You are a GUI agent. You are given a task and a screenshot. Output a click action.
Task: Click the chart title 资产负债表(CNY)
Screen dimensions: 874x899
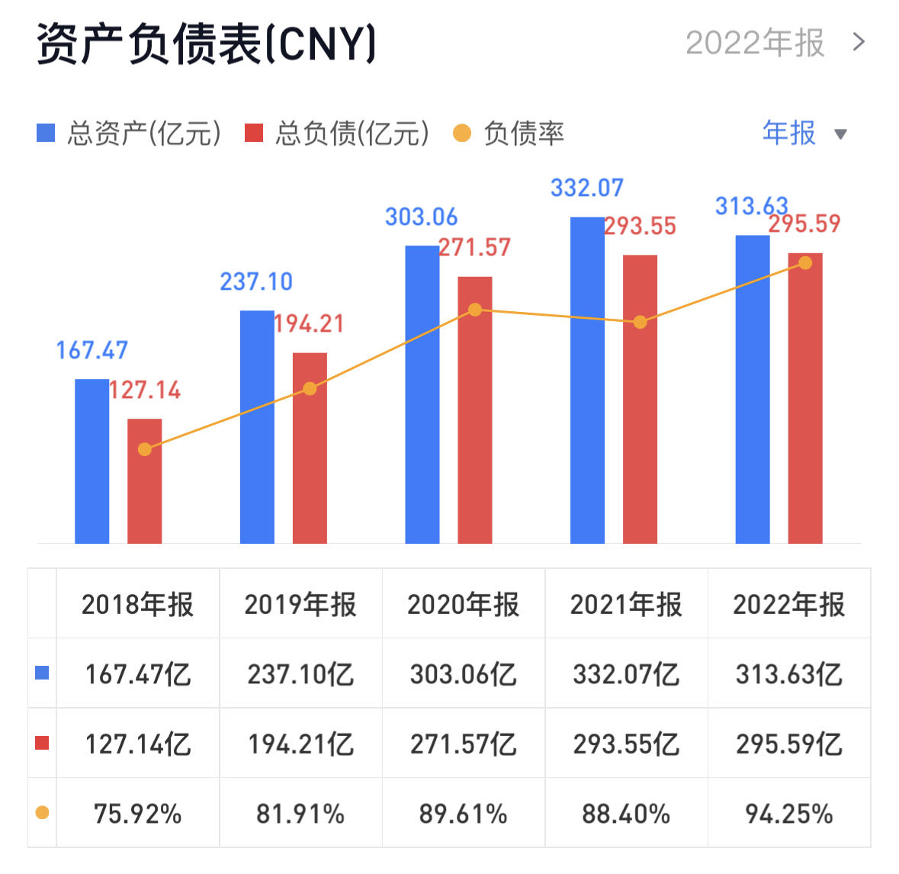tap(206, 43)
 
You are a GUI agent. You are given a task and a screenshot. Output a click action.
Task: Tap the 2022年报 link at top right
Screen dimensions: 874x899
tap(774, 43)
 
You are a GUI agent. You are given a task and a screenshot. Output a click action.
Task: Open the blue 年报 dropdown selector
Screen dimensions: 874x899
tap(804, 133)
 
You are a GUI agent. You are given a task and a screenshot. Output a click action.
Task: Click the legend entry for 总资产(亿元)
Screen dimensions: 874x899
tap(130, 133)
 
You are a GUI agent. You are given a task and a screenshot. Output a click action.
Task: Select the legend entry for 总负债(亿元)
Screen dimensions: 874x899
tap(337, 133)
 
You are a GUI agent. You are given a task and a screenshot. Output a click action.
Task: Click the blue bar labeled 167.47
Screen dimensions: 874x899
tap(92, 461)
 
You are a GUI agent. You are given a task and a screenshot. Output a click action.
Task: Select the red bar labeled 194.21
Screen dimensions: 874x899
tap(310, 448)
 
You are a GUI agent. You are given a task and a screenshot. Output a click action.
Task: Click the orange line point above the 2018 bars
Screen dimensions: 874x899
tap(145, 449)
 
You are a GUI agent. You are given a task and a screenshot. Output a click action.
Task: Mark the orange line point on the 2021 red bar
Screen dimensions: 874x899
tap(640, 322)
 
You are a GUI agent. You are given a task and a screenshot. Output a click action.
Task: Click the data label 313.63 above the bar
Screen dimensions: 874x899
tap(751, 206)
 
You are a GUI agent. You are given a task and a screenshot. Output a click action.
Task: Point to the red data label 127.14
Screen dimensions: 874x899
tap(145, 390)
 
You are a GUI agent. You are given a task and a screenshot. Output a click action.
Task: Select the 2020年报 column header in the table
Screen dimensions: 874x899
tap(463, 604)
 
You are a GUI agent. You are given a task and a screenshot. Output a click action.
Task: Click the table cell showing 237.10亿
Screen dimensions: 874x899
tap(300, 674)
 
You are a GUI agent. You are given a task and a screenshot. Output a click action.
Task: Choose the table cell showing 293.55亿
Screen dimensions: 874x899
tap(626, 744)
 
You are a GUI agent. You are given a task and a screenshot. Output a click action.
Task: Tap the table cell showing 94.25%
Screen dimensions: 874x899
tap(788, 814)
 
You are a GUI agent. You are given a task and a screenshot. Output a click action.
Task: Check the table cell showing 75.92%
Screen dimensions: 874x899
tap(137, 814)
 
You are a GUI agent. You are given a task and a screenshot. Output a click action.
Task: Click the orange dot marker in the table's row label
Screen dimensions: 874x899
tap(42, 813)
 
